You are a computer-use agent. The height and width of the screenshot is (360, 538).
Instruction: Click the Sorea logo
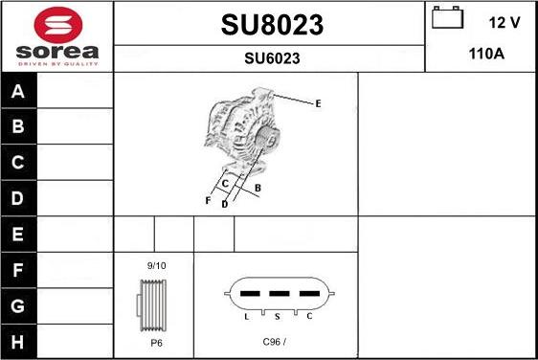pos(56,36)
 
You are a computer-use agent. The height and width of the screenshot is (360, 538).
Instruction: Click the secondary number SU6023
pos(271,58)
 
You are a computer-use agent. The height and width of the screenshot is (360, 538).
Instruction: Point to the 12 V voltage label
pos(503,21)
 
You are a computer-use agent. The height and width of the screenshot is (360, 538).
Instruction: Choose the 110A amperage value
pos(485,55)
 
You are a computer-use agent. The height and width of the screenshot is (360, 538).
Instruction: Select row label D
pos(18,199)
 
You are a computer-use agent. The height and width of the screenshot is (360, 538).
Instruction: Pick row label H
pos(18,341)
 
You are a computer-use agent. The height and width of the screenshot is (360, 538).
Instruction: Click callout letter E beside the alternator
pos(318,102)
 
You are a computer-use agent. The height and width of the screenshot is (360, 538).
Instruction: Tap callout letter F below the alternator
pos(208,201)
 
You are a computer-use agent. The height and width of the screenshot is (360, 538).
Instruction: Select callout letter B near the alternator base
pos(258,188)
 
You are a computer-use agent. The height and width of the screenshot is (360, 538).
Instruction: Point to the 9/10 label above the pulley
pos(156,264)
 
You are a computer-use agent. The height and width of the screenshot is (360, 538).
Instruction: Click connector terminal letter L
pos(246,315)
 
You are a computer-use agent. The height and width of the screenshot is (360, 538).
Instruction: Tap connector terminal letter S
pos(278,315)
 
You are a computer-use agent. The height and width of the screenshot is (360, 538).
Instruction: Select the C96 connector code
pos(274,341)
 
